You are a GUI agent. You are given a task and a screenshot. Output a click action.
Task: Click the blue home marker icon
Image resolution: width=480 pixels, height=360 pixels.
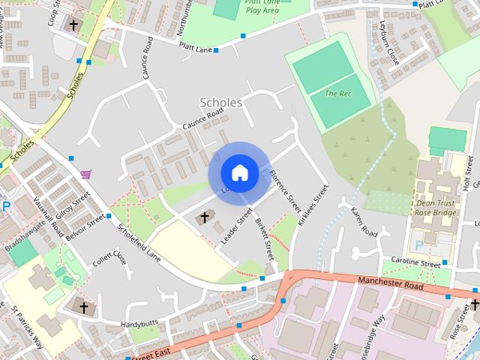(239, 173)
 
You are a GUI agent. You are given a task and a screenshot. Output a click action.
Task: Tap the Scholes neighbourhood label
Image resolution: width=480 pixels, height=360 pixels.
(221, 102)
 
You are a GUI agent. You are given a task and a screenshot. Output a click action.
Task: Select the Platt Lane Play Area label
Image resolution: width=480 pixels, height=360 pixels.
(262, 7)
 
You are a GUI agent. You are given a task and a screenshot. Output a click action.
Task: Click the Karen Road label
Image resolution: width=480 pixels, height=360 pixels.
(364, 222)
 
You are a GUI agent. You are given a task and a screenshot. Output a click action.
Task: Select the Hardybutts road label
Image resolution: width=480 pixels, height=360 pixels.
(140, 325)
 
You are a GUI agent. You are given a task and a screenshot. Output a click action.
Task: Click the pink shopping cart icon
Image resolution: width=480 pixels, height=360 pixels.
(87, 174)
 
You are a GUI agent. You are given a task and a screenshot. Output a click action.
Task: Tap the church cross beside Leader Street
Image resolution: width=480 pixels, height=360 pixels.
(203, 217)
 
